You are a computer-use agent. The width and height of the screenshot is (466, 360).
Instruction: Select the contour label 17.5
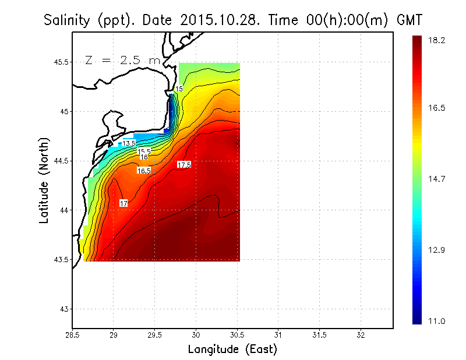tap(184, 165)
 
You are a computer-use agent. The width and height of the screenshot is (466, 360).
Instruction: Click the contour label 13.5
tap(129, 143)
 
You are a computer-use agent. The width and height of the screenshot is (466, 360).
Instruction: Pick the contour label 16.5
tap(144, 171)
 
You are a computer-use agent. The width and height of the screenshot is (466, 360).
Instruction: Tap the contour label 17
tap(123, 203)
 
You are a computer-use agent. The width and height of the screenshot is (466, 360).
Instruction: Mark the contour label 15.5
tap(144, 151)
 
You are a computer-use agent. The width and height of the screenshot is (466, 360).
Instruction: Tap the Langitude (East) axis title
tap(232, 350)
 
